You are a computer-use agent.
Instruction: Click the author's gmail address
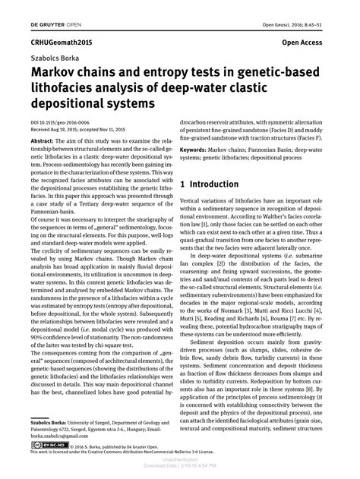point(56,435)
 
